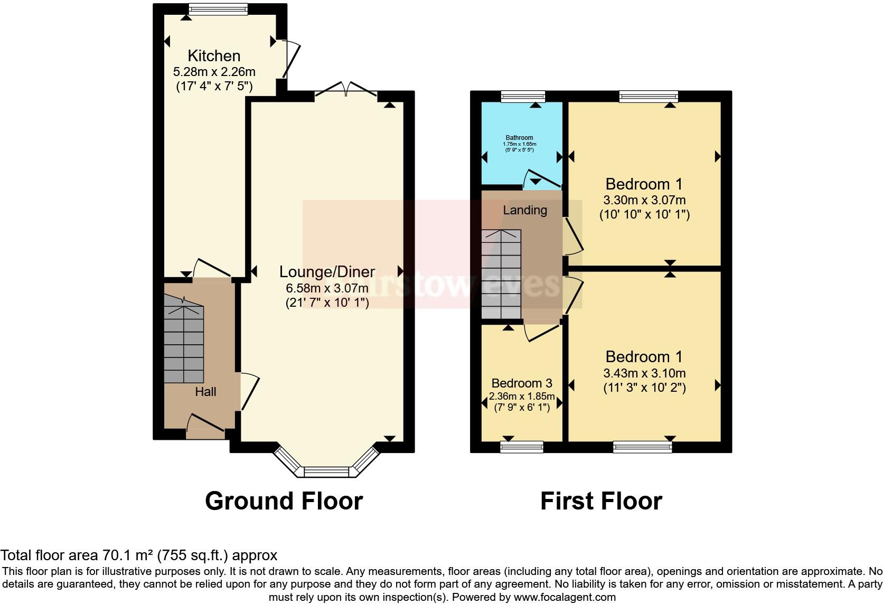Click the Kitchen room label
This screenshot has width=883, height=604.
pyautogui.click(x=214, y=55)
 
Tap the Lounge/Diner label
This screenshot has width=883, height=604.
pyautogui.click(x=327, y=272)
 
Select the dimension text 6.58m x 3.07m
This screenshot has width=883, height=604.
pyautogui.click(x=327, y=288)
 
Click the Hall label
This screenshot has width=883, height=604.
pyautogui.click(x=205, y=392)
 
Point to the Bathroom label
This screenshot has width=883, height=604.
pyautogui.click(x=519, y=138)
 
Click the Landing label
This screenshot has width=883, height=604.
pyautogui.click(x=524, y=210)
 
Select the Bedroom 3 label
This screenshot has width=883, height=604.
pyautogui.click(x=522, y=383)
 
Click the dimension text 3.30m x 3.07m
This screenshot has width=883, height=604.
pyautogui.click(x=644, y=200)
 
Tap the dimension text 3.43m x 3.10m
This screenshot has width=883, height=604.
pyautogui.click(x=644, y=373)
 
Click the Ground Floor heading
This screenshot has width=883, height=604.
pyautogui.click(x=284, y=501)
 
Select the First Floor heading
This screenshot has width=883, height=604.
pyautogui.click(x=601, y=501)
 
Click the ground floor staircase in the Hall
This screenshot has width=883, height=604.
pyautogui.click(x=183, y=343)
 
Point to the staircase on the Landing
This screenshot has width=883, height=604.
pyautogui.click(x=501, y=275)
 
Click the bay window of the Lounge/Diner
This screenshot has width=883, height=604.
pyautogui.click(x=327, y=471)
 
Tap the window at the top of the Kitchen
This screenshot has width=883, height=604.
pyautogui.click(x=219, y=9)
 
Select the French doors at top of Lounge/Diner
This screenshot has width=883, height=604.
pyautogui.click(x=346, y=90)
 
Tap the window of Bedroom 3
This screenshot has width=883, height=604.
pyautogui.click(x=522, y=447)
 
